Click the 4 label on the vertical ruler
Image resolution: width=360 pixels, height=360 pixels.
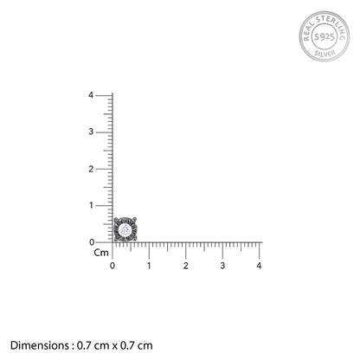[x=103, y=94]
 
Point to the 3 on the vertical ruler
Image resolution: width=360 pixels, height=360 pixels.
[x=103, y=132]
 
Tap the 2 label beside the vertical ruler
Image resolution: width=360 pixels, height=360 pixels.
[x=103, y=169]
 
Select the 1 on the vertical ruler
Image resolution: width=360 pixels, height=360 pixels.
[x=103, y=205]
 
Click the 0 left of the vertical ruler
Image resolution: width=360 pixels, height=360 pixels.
[x=103, y=242]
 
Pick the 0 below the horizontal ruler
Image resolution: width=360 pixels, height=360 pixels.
[x=112, y=265]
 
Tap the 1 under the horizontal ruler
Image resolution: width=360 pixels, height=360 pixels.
[x=149, y=265]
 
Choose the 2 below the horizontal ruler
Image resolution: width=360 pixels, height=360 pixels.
[x=186, y=265]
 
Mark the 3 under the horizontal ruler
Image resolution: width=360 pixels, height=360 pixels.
[x=222, y=265]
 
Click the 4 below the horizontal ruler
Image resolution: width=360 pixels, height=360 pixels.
[x=260, y=265]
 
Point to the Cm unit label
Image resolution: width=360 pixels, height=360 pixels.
[x=100, y=254]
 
